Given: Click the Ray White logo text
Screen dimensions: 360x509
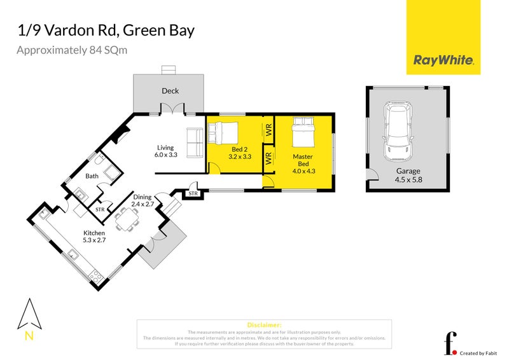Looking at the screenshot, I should tap(443, 60).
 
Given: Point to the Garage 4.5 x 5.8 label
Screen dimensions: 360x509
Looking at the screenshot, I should tap(408, 175).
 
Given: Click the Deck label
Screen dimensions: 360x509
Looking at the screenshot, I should tap(170, 91).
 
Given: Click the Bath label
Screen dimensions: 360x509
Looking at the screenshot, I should tap(92, 176).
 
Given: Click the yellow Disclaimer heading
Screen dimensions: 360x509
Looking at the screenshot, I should tap(263, 324).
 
